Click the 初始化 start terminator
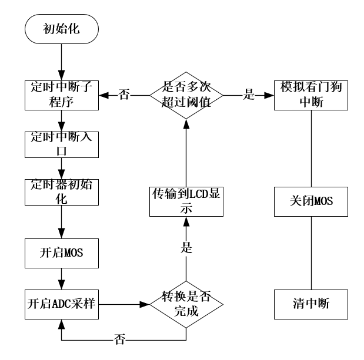click(x=61, y=28)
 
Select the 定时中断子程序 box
click(x=61, y=95)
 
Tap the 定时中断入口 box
click(x=61, y=143)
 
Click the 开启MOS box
click(x=61, y=253)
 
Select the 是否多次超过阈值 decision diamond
click(x=186, y=95)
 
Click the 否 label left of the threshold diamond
click(x=124, y=95)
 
